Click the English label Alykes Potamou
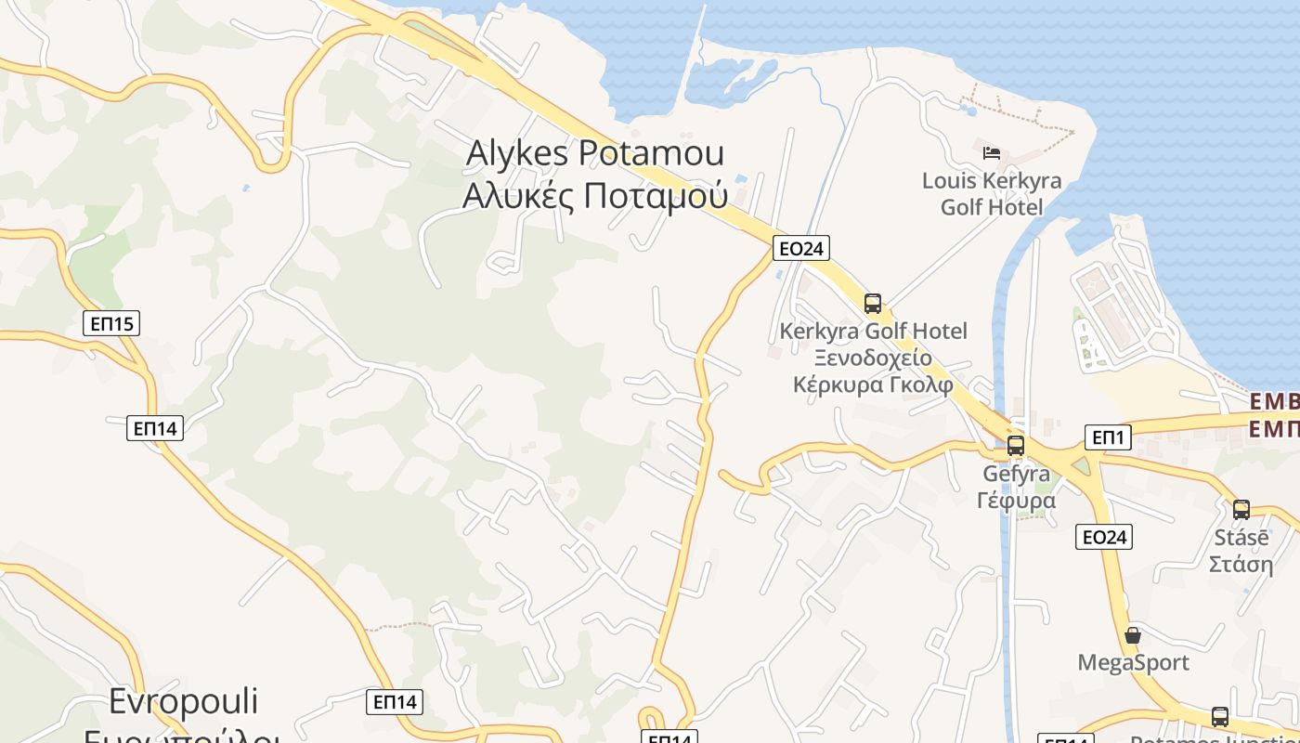pos(595,154)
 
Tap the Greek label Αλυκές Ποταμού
pos(595,197)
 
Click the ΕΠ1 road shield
pos(1108,437)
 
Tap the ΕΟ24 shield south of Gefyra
pos(1104,536)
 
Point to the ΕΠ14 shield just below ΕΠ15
pos(155,428)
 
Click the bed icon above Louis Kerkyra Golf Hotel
pos(992,151)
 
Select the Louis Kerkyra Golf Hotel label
pos(992,193)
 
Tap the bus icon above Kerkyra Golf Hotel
pos(873,303)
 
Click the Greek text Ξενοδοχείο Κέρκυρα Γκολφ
pos(873,371)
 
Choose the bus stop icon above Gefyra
pos(1016,445)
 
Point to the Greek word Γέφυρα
pos(1016,501)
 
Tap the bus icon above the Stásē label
pos(1241,509)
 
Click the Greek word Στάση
pos(1241,564)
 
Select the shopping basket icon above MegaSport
pos(1133,635)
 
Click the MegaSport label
pos(1133,662)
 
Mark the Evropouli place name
pos(184,701)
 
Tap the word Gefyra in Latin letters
pos(1016,474)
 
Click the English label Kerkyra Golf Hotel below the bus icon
pos(873,331)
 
